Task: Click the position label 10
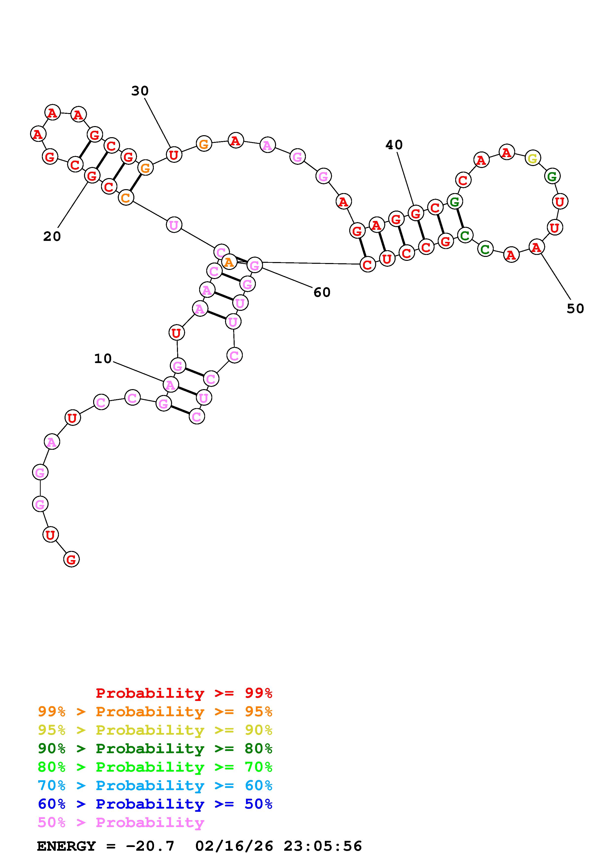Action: [103, 359]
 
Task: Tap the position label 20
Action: [52, 236]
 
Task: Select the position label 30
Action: [140, 91]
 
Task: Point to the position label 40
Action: [394, 145]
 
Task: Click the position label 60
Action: [322, 292]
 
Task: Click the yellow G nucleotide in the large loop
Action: [532, 158]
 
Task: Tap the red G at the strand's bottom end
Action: [71, 559]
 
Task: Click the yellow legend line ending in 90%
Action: [155, 730]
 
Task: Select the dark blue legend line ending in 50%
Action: [155, 804]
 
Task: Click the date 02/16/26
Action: [234, 846]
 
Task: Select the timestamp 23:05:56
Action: [323, 846]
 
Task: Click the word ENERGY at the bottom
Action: [66, 846]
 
